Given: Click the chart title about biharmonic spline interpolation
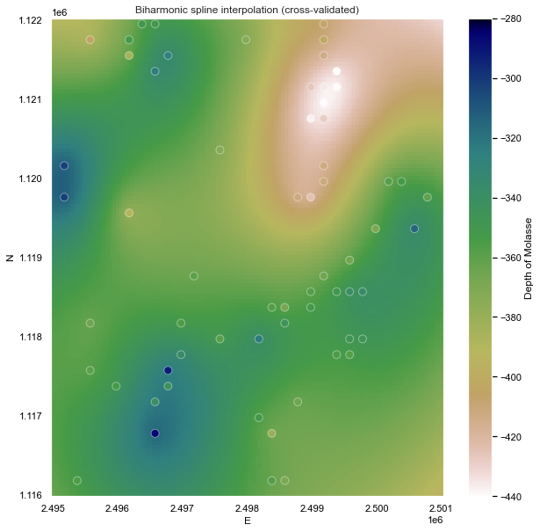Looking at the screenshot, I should [247, 9].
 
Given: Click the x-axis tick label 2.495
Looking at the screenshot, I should [52, 508].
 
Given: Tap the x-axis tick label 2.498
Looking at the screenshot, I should [247, 508].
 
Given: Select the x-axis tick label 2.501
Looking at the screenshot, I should [442, 508].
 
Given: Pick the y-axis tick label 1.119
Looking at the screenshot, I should [32, 258].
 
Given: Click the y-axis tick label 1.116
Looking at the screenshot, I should [32, 495].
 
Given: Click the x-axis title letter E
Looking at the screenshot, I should [247, 521].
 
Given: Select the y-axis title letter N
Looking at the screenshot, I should [10, 258].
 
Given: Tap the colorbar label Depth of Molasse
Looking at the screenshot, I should [529, 258].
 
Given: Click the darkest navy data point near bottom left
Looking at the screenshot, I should [155, 433].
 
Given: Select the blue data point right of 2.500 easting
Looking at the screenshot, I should [414, 229].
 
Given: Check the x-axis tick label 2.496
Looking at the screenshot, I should [117, 508].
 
